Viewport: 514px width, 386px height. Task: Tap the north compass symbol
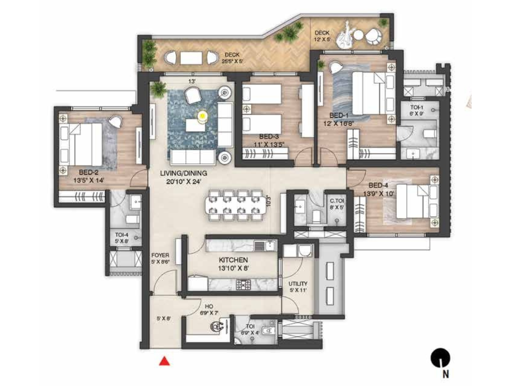point(440,358)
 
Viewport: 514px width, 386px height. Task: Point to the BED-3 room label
point(269,137)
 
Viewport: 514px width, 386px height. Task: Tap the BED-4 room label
point(378,185)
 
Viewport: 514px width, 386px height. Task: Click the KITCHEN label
point(233,260)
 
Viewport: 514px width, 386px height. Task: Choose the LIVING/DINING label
point(183,173)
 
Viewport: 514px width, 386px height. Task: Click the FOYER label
point(160,255)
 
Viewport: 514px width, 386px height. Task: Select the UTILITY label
point(298,284)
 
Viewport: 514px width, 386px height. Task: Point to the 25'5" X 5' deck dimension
point(232,61)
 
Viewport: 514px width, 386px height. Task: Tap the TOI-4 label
point(121,235)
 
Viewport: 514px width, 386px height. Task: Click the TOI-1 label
point(417,108)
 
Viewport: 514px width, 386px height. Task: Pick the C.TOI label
point(337,201)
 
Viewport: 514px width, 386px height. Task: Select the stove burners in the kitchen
point(243,284)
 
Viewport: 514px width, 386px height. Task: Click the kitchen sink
point(270,246)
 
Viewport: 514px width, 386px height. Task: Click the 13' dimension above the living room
point(192,82)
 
